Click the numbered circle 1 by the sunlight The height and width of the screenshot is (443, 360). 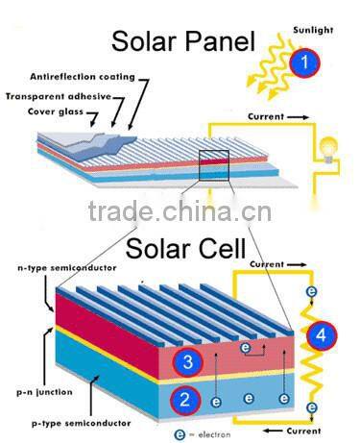(303, 65)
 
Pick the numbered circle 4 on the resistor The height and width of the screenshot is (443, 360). (323, 337)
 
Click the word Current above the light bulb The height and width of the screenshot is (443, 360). (266, 117)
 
